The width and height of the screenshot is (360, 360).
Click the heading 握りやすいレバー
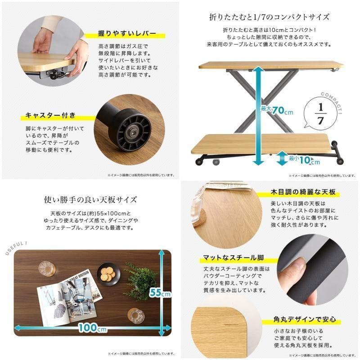[127, 34]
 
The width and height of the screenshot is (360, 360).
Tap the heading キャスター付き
[50, 116]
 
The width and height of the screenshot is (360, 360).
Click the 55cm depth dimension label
[160, 293]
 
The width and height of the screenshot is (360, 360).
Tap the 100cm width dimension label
[92, 328]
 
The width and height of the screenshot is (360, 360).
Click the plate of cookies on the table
[108, 274]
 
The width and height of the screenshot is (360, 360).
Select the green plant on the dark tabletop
[140, 281]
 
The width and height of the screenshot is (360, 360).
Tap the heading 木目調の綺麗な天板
[303, 192]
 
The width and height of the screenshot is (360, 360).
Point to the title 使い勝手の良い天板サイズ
[90, 199]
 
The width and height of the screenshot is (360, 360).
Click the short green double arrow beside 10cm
[281, 158]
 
